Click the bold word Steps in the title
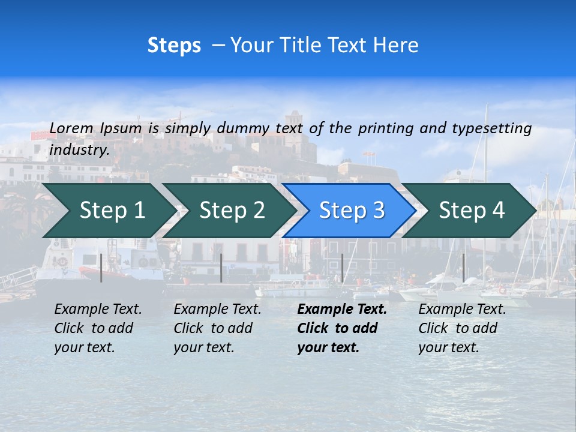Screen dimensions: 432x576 click(174, 46)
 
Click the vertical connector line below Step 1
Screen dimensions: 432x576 click(101, 268)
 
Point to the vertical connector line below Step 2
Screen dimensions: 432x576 click(221, 268)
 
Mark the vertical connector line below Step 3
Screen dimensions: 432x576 click(342, 268)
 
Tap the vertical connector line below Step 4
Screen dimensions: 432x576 click(463, 268)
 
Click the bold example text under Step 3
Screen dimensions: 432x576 click(341, 328)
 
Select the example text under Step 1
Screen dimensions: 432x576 click(98, 328)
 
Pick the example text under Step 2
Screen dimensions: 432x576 click(217, 328)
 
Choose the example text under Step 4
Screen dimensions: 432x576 click(462, 328)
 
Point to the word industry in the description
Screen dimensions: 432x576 click(79, 149)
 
